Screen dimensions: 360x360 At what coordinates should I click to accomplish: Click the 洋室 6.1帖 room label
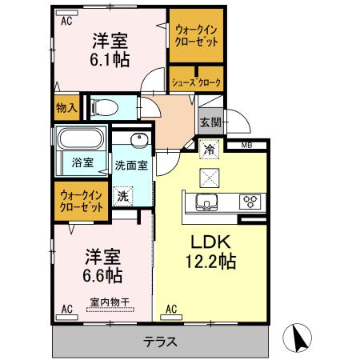coord(110,50)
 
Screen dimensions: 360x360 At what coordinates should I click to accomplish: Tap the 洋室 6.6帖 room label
coord(102,266)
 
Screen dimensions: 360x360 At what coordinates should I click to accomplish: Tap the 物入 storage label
coord(66,106)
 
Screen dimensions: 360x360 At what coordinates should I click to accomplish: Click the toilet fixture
coord(105,106)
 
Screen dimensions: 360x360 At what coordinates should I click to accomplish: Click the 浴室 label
coord(82,162)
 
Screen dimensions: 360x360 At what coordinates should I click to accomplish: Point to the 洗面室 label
coord(130,166)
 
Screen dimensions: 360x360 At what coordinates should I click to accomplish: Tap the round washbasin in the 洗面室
coord(138,139)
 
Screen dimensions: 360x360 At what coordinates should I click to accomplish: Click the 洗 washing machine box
coord(123,194)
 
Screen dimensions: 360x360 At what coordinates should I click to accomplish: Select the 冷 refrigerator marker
coord(208,149)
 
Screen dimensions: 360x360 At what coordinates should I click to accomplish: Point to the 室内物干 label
coord(110,302)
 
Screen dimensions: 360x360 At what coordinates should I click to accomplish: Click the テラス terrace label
coord(160,342)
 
